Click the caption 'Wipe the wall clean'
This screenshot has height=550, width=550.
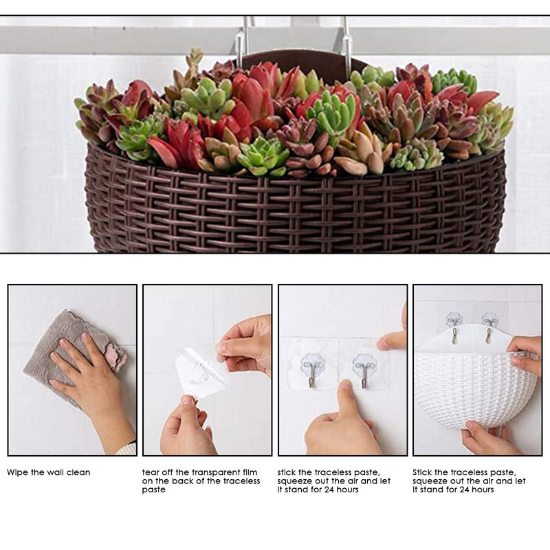pyautogui.click(x=48, y=472)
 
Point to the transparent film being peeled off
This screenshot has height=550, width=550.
pyautogui.click(x=200, y=373)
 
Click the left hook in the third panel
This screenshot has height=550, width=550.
pyautogui.click(x=313, y=371)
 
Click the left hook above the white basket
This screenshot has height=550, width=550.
pyautogui.click(x=454, y=326)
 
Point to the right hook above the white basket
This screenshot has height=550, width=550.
pyautogui.click(x=489, y=326)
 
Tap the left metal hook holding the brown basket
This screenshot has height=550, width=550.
pyautogui.click(x=242, y=44)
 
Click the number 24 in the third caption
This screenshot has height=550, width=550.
pyautogui.click(x=329, y=489)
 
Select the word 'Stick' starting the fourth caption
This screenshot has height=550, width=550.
pyautogui.click(x=422, y=472)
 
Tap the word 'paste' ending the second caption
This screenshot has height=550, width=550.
pyautogui.click(x=153, y=490)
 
